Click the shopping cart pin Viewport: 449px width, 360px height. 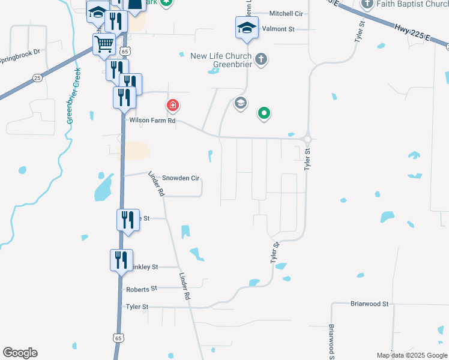[x=104, y=44]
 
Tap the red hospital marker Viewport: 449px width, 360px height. [x=173, y=106]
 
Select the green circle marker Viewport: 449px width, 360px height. [x=264, y=112]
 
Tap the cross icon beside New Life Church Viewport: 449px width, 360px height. [x=261, y=59]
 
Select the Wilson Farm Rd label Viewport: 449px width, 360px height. [x=152, y=121]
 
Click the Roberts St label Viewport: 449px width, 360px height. [x=141, y=289]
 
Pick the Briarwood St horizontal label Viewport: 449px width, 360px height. [x=370, y=304]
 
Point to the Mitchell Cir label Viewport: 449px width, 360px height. [x=286, y=13]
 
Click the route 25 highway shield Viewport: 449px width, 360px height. [x=37, y=78]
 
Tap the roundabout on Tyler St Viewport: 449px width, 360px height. [x=307, y=139]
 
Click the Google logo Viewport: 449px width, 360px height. [x=20, y=353]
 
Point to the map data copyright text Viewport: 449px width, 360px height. [x=412, y=355]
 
